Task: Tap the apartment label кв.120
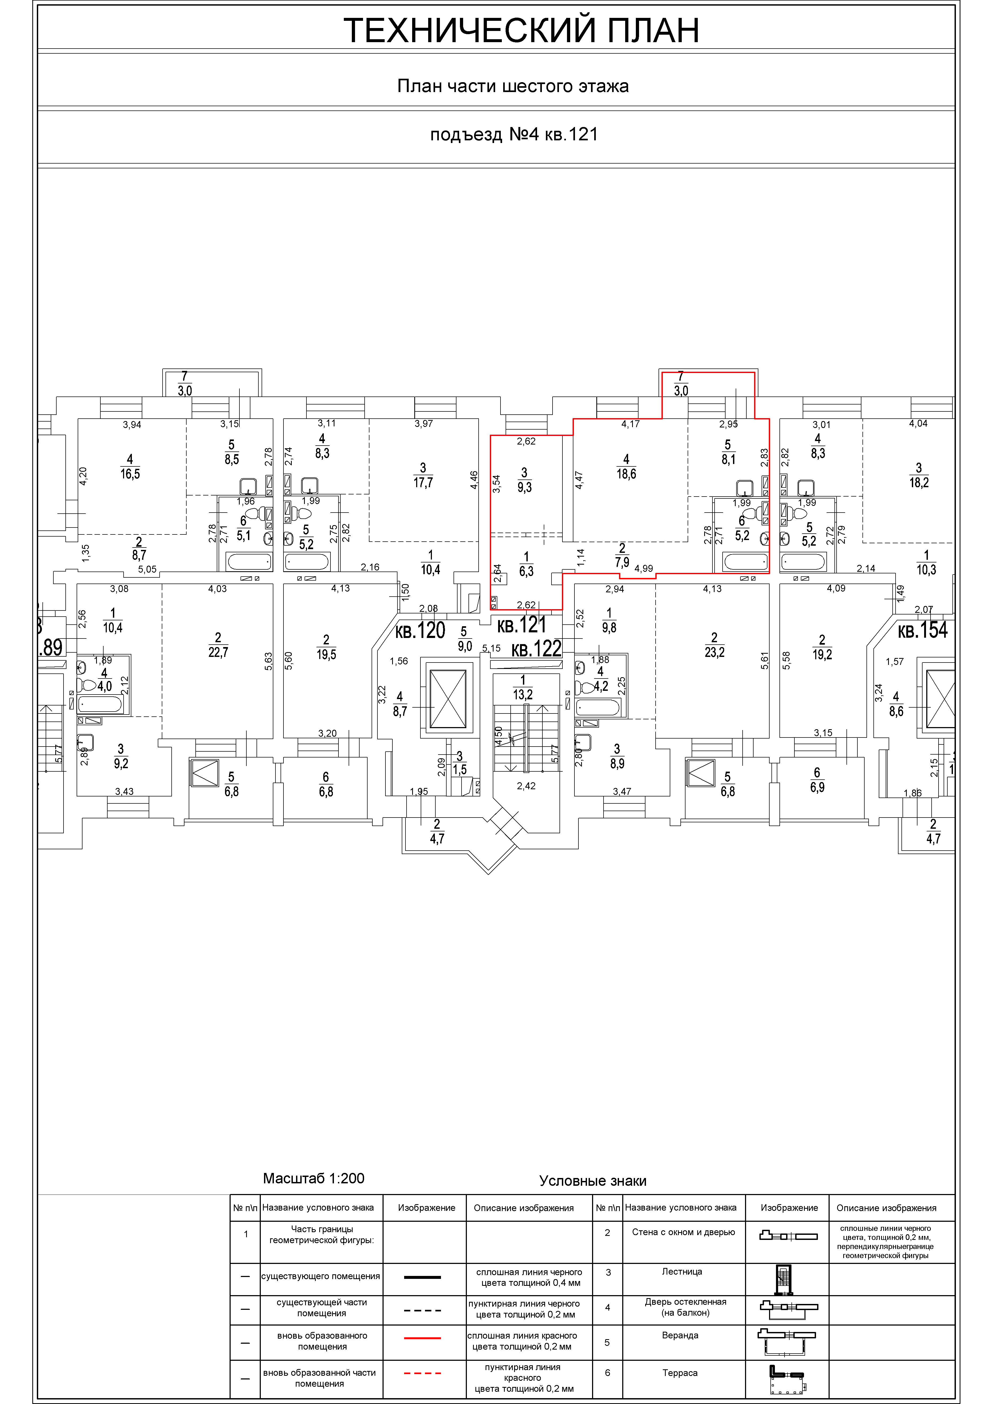[420, 630]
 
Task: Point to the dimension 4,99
[644, 569]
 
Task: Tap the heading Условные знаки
[593, 1181]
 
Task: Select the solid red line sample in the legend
[422, 1338]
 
